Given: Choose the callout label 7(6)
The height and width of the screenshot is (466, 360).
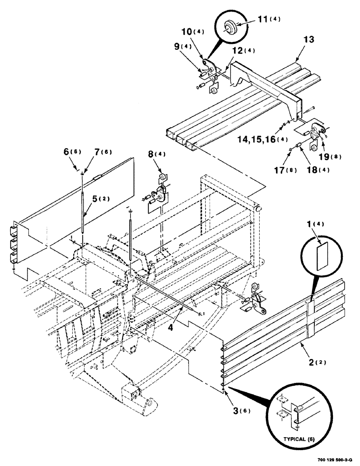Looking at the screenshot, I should tap(91, 152).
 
